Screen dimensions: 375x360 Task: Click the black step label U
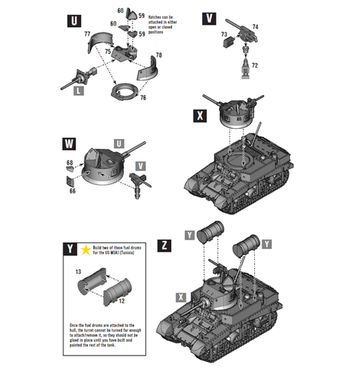[x=73, y=20]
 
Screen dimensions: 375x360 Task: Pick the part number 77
[x=86, y=34]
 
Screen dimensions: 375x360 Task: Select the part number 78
[x=158, y=55]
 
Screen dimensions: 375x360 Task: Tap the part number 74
[x=256, y=27]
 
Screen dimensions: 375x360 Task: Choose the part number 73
[x=224, y=35]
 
